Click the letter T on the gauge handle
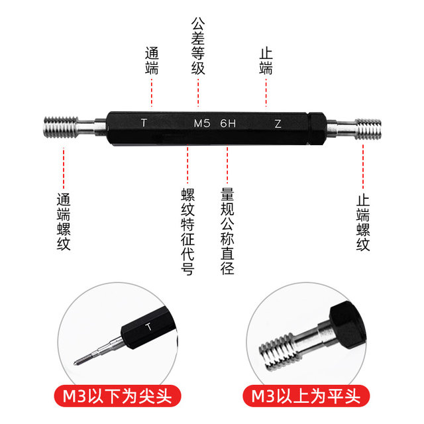tap(144, 123)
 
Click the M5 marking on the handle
tap(201, 123)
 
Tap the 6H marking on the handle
tap(228, 123)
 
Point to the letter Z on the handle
tap(278, 123)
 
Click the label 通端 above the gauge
tap(152, 60)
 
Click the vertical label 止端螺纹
tap(363, 222)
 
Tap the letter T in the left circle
tap(148, 327)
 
